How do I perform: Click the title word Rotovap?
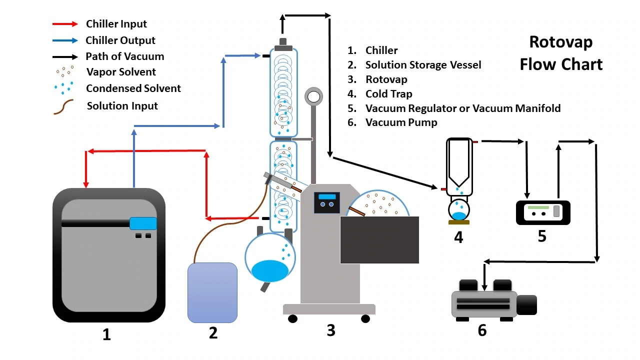[560, 42]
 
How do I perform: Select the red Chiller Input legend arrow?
[65, 24]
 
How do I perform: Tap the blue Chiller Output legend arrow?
[65, 40]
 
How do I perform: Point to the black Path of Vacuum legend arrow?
[65, 56]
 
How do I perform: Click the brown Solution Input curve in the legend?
[63, 106]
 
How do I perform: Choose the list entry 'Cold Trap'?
[388, 94]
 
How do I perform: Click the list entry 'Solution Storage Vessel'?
[423, 65]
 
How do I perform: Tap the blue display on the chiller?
[143, 223]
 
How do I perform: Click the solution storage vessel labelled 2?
[212, 292]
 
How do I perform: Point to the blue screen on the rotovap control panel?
[327, 196]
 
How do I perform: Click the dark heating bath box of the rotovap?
[379, 240]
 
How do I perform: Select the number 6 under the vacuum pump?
[482, 331]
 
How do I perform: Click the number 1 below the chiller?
[106, 334]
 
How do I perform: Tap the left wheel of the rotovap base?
[292, 318]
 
